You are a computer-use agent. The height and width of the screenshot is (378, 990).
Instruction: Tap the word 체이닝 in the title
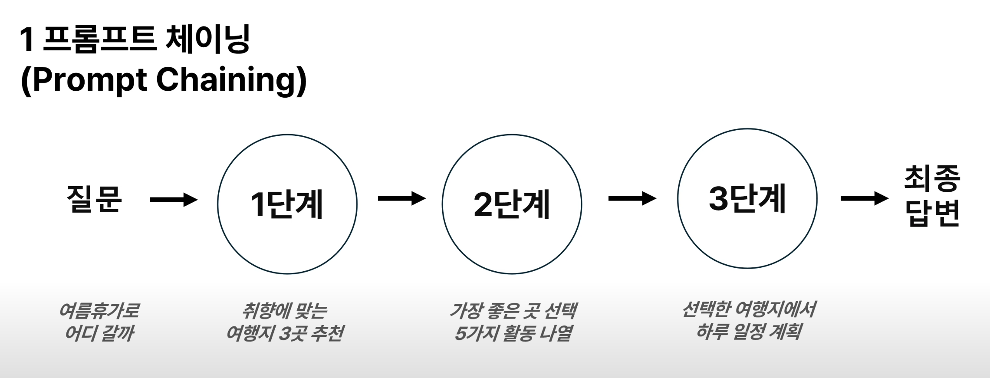[x=207, y=39]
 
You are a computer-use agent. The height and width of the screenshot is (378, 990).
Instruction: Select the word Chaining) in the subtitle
[x=231, y=80]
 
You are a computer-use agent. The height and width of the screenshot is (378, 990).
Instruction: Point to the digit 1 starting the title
[x=27, y=39]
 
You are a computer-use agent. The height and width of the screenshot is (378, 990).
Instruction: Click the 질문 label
[x=94, y=199]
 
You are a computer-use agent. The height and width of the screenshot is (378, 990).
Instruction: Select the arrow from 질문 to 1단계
[x=173, y=200]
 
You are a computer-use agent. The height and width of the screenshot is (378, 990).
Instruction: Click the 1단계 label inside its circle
[x=287, y=204]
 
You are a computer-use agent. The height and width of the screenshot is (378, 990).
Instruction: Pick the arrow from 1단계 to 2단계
[x=401, y=199]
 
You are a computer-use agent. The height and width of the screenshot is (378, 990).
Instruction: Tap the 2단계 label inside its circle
[x=512, y=204]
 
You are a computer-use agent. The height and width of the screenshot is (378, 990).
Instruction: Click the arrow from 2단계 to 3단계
[x=632, y=199]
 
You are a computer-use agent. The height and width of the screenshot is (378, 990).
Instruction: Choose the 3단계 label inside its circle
[x=747, y=198]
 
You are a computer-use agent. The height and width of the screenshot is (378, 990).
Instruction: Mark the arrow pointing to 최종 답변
[x=864, y=199]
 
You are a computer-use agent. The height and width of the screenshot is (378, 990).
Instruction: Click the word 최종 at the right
[x=932, y=178]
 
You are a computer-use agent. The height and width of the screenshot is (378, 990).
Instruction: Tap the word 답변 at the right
[x=932, y=213]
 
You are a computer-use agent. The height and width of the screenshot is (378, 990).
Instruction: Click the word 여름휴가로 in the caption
[x=99, y=310]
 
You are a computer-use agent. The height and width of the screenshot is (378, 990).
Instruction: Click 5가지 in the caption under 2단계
[x=476, y=333]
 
